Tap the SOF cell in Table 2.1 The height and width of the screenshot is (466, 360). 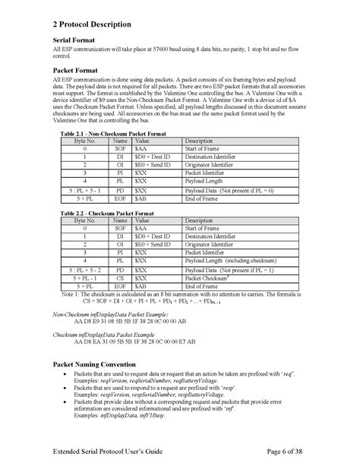120,150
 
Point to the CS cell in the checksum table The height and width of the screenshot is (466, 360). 120,279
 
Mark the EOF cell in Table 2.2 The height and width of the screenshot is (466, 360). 120,287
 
